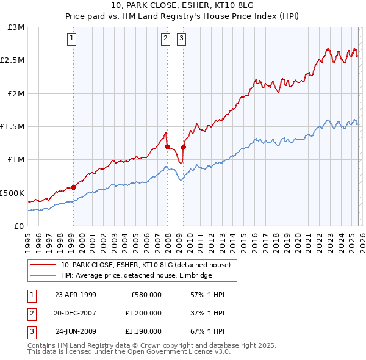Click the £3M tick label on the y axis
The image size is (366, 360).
point(16,27)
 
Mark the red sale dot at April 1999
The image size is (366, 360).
point(74,187)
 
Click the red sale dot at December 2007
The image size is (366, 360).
point(167,146)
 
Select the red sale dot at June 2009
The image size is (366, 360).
point(184,147)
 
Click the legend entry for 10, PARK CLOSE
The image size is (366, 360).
point(145,265)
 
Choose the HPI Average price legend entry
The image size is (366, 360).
point(136,276)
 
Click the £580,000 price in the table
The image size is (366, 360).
point(146,295)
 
